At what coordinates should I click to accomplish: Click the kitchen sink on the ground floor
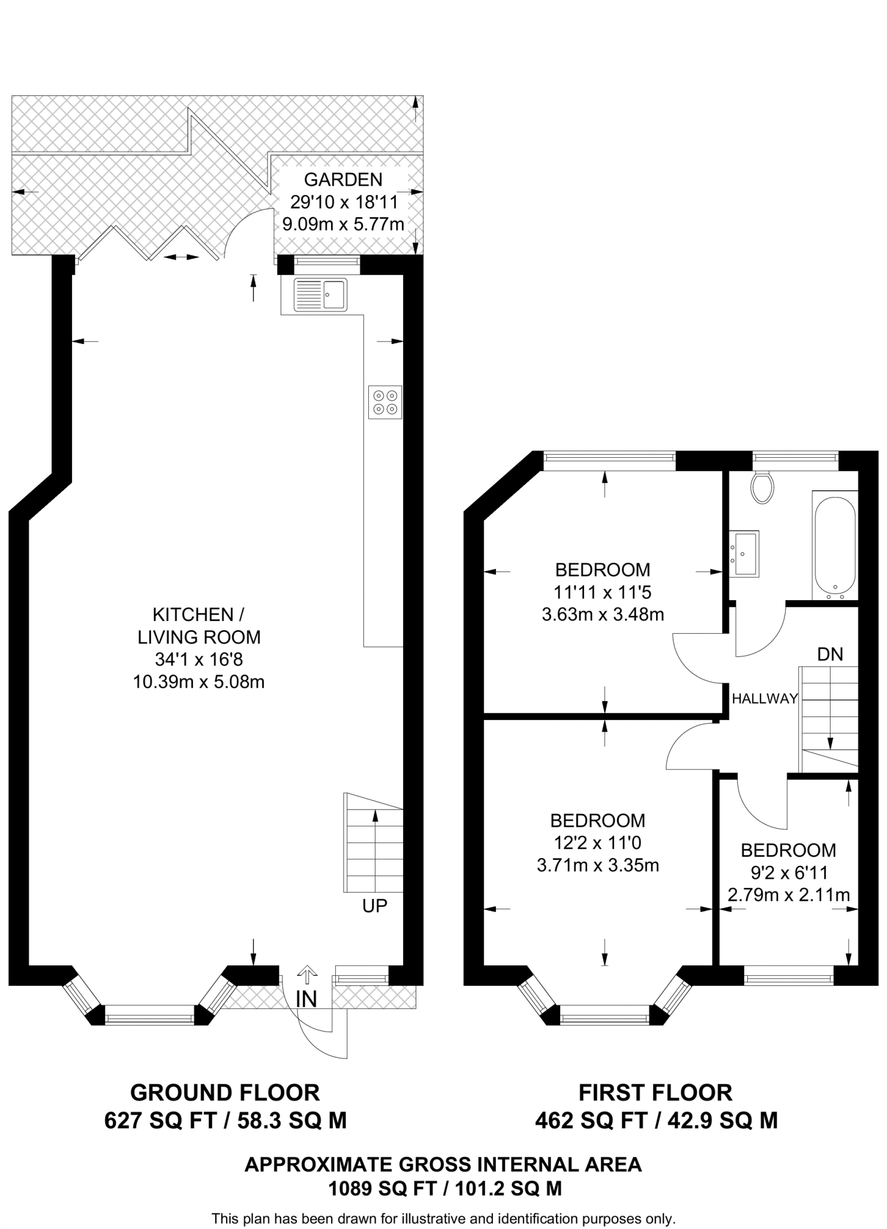click(x=320, y=295)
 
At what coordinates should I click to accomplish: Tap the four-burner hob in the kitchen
click(x=385, y=402)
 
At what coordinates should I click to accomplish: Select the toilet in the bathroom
click(x=762, y=487)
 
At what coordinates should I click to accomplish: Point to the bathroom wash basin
click(x=744, y=553)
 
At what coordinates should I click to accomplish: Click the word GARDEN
click(x=343, y=179)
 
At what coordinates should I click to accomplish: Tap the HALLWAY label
click(x=764, y=699)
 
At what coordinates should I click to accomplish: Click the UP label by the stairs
click(x=375, y=906)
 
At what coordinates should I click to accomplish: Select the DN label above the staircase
click(x=830, y=654)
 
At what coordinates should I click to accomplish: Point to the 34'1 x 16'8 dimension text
click(x=199, y=660)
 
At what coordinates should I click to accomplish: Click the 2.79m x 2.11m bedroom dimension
click(x=788, y=895)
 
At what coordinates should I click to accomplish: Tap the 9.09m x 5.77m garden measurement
click(x=343, y=224)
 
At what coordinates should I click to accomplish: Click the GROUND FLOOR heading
click(x=225, y=1093)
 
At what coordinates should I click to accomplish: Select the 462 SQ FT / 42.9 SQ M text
click(x=656, y=1120)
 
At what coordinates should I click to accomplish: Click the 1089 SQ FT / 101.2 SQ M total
click(x=444, y=1188)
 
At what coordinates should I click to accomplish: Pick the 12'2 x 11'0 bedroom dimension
click(x=597, y=843)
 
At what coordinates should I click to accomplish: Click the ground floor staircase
click(x=373, y=843)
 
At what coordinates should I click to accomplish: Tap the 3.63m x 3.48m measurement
click(x=603, y=615)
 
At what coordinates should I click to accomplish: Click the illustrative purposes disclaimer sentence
click(x=443, y=1219)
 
